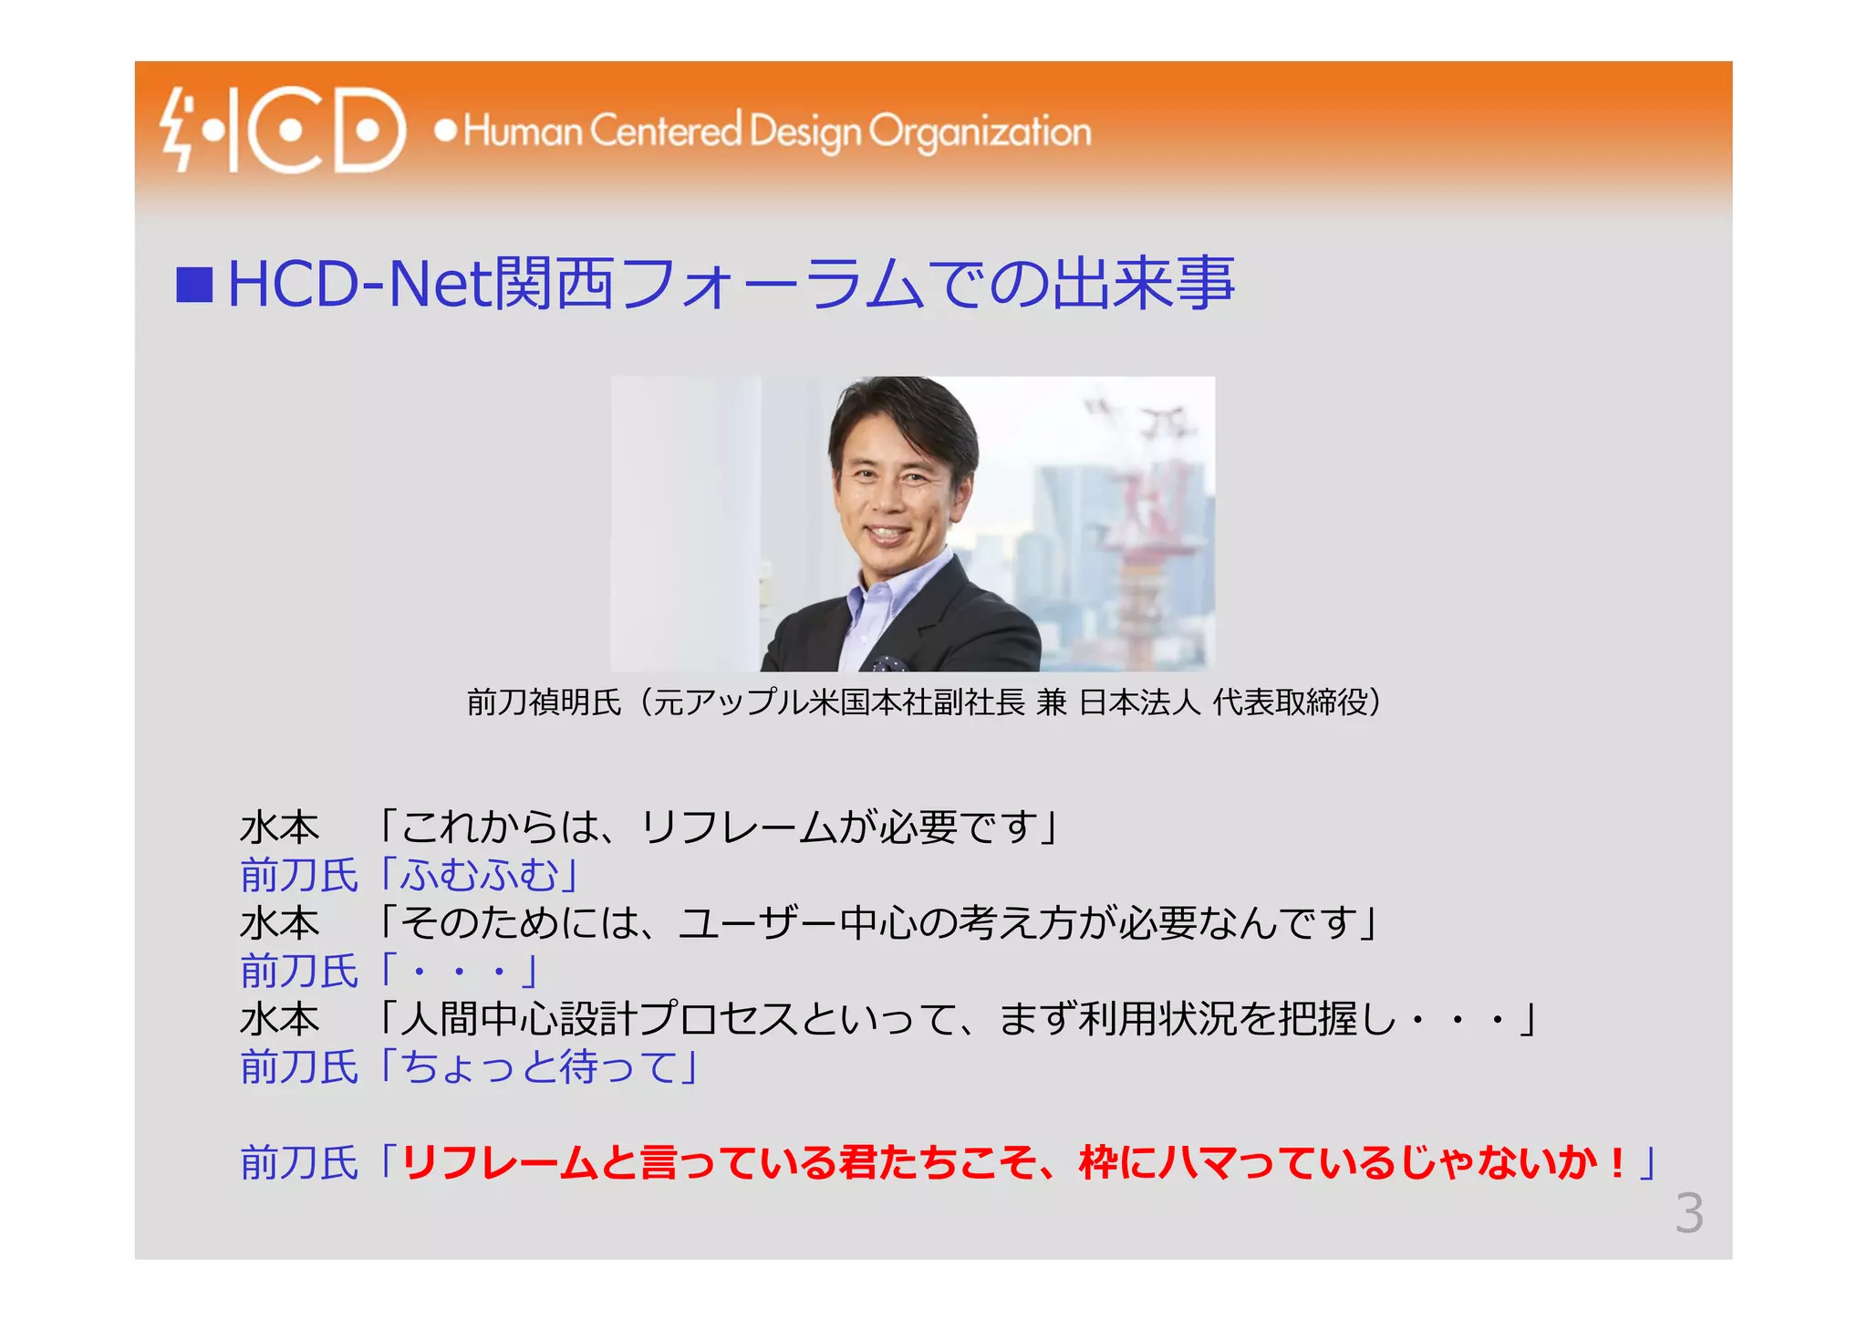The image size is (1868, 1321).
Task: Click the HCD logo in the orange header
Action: (283, 130)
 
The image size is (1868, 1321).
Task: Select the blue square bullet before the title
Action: (194, 285)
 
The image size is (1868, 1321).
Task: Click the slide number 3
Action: (1688, 1213)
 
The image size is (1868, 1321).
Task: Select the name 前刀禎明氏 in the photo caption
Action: (544, 702)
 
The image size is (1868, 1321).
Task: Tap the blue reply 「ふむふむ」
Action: (480, 876)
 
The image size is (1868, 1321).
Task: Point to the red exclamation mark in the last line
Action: (1617, 1163)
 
